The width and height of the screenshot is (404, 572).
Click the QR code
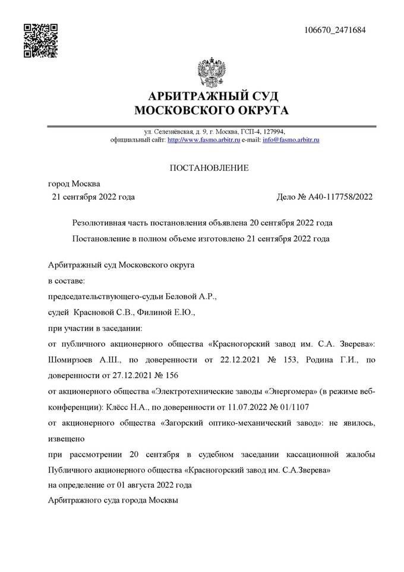pos(40,40)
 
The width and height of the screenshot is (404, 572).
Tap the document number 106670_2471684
pos(334,30)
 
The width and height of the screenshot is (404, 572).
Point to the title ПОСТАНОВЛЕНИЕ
pos(210,168)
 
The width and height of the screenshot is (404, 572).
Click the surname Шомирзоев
pos(70,360)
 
